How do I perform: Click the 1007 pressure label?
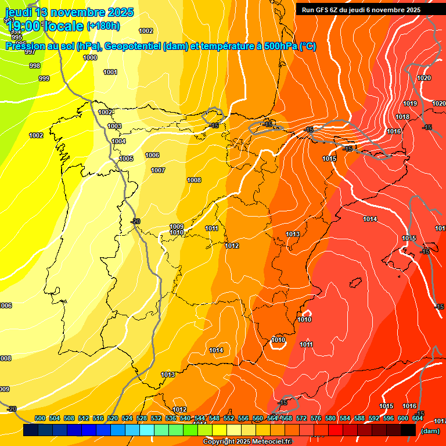[x=158, y=170]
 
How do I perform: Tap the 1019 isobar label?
[x=410, y=103]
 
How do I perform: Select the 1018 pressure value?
[x=402, y=117]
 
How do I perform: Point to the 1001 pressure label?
[x=110, y=72]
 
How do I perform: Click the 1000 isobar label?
[x=90, y=57]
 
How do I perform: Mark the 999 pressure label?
[x=44, y=78]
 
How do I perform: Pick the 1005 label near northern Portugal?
[x=126, y=159]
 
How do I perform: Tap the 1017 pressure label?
[x=440, y=421]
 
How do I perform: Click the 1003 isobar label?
[x=114, y=126]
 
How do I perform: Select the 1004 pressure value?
[x=118, y=141]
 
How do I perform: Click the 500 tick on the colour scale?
[x=40, y=418]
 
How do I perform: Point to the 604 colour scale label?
[x=417, y=418]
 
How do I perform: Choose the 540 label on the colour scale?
[x=185, y=418]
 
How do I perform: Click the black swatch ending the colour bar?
[x=408, y=430]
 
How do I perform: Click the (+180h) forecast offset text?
[x=103, y=26]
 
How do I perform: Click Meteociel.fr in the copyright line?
[x=272, y=442]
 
